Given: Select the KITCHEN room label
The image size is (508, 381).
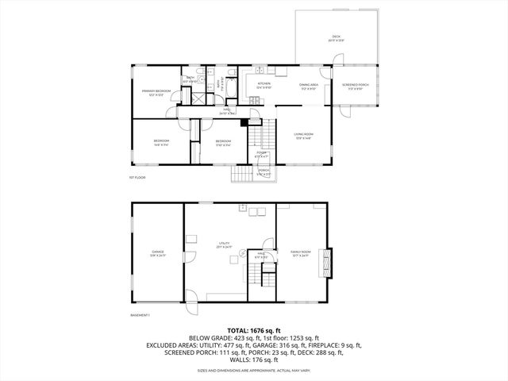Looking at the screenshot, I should coord(264,84).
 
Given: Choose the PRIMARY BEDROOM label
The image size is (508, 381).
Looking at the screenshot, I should coord(156,93).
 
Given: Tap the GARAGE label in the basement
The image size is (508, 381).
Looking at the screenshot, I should coord(157,253).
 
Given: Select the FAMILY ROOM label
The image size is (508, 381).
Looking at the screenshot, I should coord(299,253).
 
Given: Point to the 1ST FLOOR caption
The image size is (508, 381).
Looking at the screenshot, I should coord(137,178).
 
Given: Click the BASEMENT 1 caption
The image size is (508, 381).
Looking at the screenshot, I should coord(140,315).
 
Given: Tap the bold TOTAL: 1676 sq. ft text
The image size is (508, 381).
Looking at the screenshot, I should coord(254,329).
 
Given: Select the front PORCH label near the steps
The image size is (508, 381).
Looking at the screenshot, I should coord(264,172).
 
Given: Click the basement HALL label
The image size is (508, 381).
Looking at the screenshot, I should coord(260,256).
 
